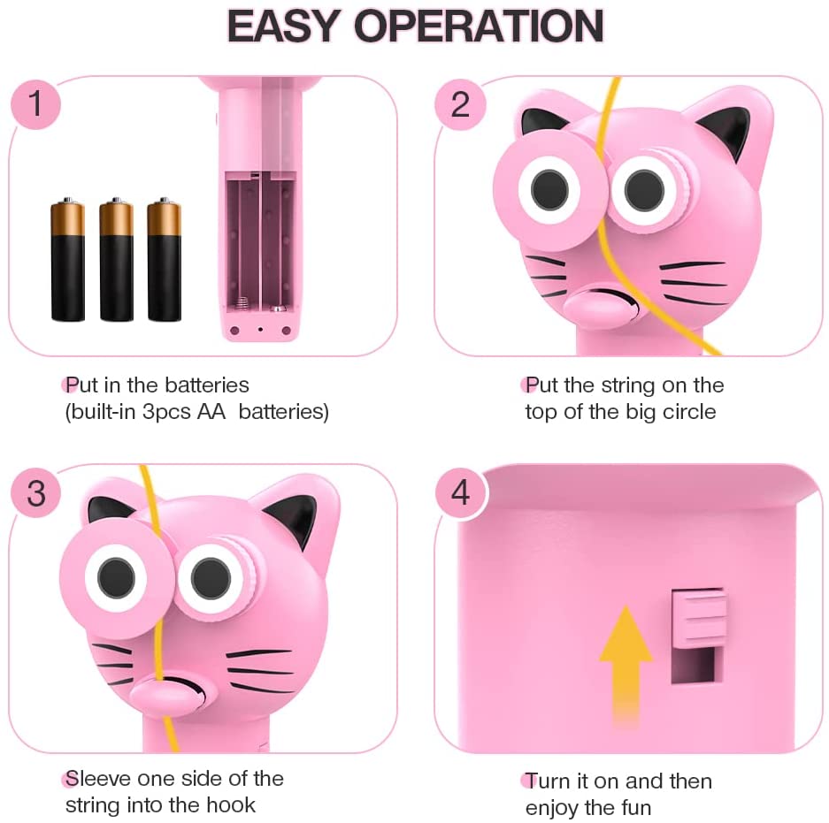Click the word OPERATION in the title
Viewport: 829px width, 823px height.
point(479,26)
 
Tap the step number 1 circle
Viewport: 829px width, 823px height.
point(35,103)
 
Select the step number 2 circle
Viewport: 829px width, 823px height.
point(460,104)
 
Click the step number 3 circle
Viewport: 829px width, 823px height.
point(36,493)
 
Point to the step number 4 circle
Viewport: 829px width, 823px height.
point(460,493)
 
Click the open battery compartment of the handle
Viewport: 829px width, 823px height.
point(259,243)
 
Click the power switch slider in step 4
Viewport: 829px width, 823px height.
point(699,617)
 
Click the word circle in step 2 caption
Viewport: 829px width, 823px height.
point(689,412)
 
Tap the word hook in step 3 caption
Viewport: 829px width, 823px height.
point(231,805)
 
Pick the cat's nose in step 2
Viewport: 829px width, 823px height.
point(601,308)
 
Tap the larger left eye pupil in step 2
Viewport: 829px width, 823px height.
point(549,188)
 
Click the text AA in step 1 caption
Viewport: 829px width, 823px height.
point(211,412)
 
